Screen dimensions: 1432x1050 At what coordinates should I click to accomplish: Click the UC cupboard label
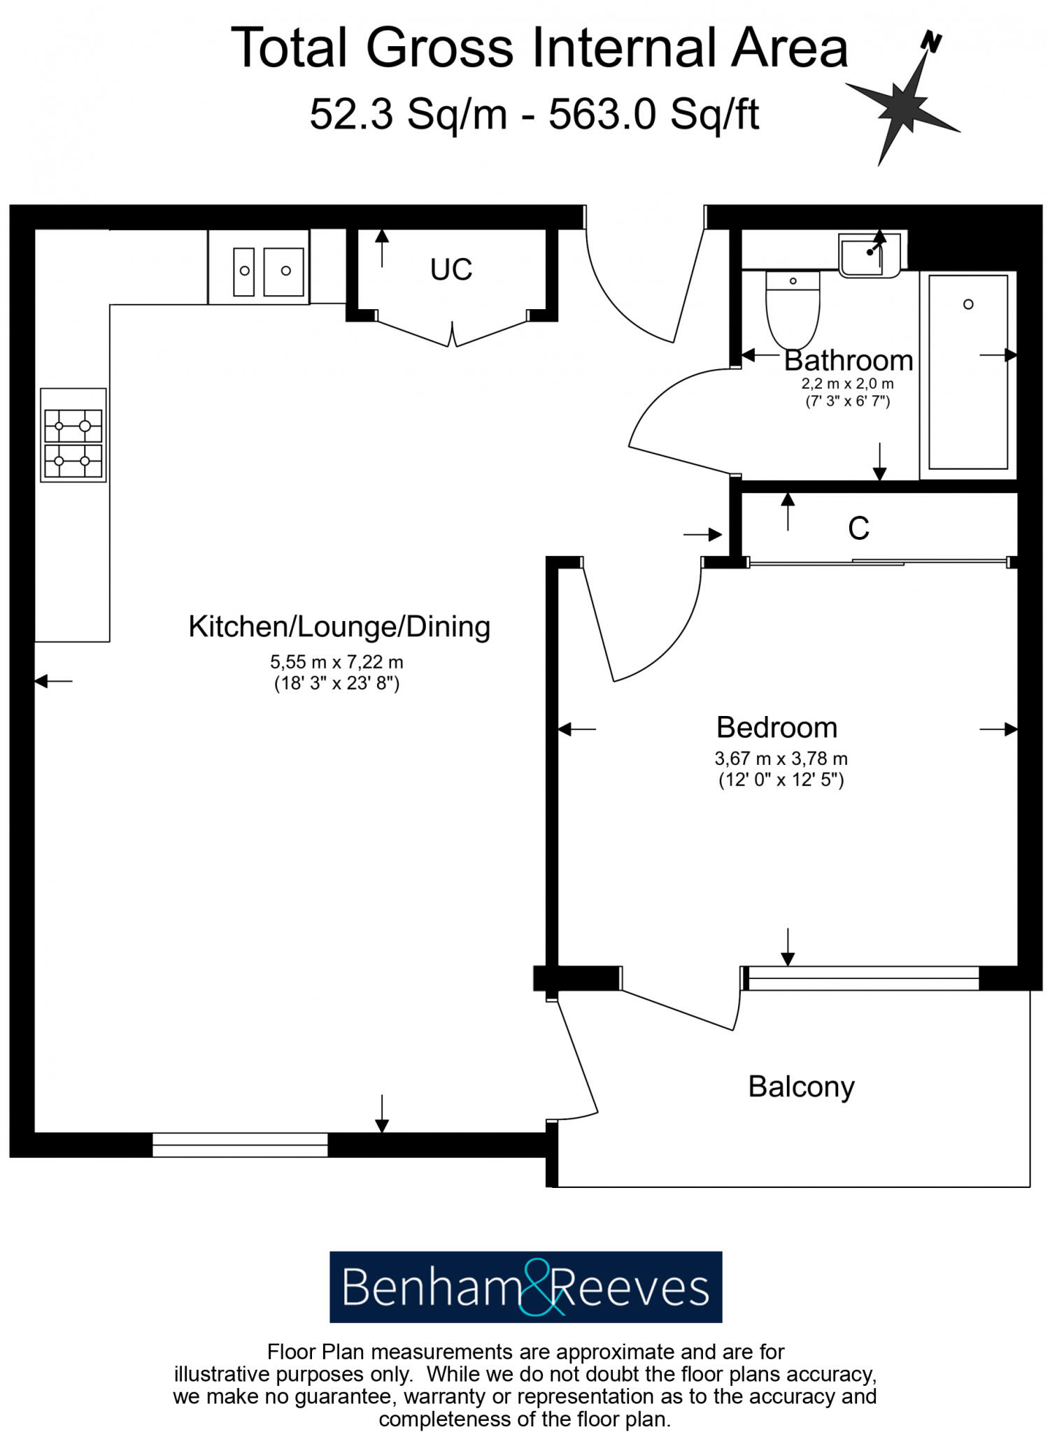point(451,269)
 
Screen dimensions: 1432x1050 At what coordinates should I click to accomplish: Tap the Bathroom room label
point(848,361)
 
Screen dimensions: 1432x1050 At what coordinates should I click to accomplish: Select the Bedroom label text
point(776,728)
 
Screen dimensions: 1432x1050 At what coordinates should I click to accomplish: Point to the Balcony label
point(801,1087)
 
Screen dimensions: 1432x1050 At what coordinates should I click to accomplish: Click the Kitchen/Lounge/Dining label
point(339,626)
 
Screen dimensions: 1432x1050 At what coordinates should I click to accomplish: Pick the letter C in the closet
point(858,529)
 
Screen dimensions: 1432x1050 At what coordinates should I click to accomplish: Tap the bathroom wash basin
point(870,255)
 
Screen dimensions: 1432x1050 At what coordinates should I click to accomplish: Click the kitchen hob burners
point(73,435)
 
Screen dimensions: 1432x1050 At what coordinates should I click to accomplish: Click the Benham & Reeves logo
point(525,1287)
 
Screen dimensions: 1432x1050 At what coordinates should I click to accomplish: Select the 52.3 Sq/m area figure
point(408,114)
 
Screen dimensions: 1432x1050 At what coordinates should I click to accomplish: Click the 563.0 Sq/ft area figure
point(653,114)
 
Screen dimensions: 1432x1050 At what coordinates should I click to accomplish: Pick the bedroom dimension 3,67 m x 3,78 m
point(781,759)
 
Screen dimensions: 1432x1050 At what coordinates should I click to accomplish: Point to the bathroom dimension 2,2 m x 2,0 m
point(847,384)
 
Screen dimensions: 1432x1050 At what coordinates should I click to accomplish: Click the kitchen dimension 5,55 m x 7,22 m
point(336,661)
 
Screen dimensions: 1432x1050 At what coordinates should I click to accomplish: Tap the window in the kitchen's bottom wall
point(240,1145)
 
